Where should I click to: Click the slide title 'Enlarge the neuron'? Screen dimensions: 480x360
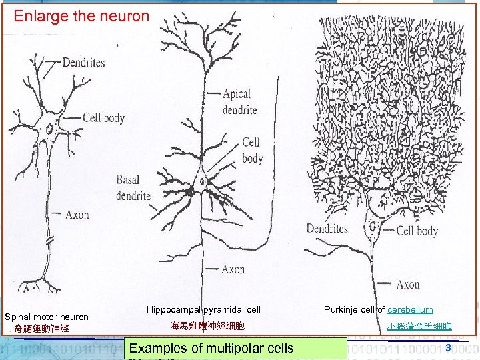81,16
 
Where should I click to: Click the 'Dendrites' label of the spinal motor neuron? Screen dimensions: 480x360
83,63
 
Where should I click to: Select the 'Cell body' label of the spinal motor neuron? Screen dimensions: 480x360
103,118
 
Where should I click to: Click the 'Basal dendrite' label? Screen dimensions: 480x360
133,188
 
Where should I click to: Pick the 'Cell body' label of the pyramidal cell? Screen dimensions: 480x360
252,150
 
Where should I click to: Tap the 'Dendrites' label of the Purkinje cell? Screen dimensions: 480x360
327,229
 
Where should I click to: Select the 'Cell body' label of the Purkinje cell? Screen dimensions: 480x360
417,231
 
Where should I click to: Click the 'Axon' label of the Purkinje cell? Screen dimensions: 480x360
407,285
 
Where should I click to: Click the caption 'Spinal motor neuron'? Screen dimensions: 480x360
47,316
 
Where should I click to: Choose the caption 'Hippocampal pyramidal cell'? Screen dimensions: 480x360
203,310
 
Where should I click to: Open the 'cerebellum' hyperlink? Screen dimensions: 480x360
410,310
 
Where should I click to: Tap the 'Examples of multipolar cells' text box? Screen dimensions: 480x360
211,347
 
